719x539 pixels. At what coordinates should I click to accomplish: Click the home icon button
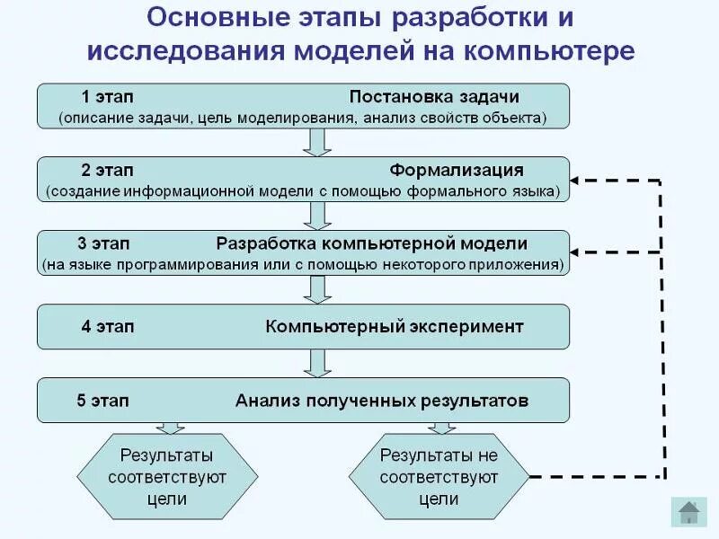[x=689, y=511]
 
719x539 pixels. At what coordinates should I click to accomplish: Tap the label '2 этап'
[x=107, y=171]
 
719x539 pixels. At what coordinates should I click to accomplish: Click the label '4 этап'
[x=107, y=326]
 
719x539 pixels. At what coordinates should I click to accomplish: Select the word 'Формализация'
[x=457, y=171]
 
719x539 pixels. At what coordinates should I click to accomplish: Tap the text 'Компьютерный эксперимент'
[x=394, y=326]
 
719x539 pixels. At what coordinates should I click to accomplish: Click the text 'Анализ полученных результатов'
[x=382, y=400]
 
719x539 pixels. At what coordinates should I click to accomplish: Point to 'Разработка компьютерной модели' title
[x=371, y=244]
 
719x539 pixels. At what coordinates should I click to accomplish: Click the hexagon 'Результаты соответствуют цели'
[x=167, y=477]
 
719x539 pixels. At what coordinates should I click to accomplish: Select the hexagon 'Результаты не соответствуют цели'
[x=439, y=477]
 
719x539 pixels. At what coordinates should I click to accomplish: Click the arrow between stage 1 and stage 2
[x=315, y=143]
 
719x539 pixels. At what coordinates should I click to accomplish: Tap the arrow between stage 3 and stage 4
[x=315, y=289]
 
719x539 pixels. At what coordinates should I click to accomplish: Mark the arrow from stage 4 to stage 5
[x=315, y=363]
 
